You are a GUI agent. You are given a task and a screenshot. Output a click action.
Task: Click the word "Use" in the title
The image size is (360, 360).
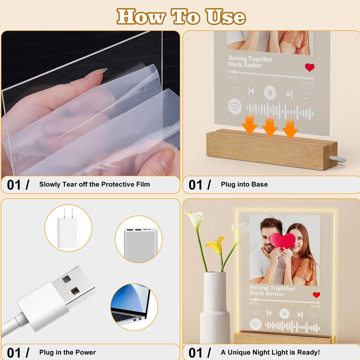(x=225, y=17)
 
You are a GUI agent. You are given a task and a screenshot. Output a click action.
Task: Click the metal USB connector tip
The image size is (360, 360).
(x=74, y=285)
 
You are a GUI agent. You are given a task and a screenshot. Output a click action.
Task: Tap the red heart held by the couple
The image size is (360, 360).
(x=282, y=241)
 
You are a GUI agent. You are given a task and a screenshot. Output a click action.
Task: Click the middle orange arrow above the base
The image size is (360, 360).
(x=270, y=127)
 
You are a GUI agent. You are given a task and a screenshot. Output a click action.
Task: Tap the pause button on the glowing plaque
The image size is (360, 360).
(x=284, y=314)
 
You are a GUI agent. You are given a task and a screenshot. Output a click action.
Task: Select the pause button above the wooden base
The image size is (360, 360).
(x=270, y=93)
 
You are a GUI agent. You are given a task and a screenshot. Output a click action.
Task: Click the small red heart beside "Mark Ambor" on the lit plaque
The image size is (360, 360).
(x=316, y=295)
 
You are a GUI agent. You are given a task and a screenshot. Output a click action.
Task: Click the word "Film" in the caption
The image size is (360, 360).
(x=143, y=184)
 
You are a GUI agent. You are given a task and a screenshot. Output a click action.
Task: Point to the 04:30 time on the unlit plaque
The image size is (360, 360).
(x=308, y=84)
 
